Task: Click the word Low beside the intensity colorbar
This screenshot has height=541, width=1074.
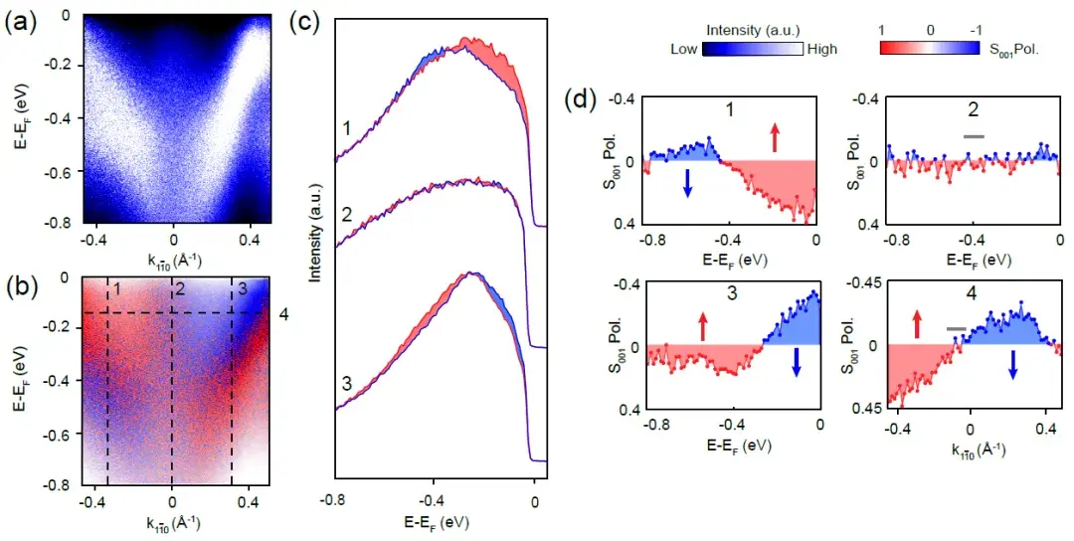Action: [685, 49]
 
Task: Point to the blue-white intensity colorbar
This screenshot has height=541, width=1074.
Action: [752, 49]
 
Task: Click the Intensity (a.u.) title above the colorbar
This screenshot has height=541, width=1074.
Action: [752, 29]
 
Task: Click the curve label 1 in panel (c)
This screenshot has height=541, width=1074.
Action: [344, 128]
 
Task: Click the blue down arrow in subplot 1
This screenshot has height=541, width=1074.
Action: [686, 182]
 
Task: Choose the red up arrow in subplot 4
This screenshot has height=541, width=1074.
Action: [916, 322]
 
